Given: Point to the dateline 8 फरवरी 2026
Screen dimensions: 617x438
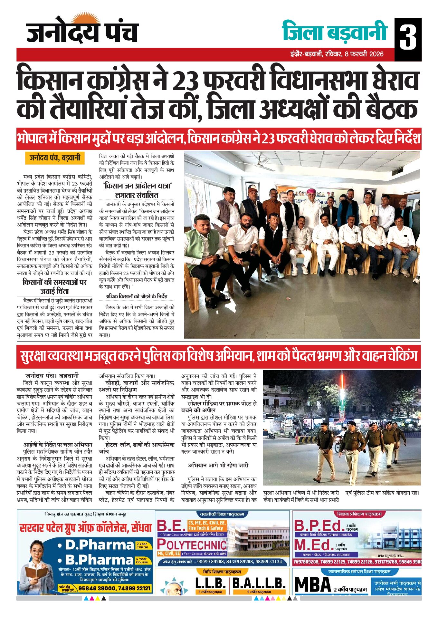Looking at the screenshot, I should [x=364, y=54].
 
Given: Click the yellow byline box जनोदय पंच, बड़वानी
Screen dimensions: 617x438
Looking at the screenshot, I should [x=55, y=158].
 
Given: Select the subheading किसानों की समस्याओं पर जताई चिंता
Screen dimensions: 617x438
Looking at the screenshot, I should [x=55, y=286].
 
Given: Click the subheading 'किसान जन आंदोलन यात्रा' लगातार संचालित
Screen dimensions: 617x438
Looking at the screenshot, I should [x=137, y=190].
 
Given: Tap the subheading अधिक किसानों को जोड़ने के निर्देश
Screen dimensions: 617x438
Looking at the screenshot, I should [x=137, y=296].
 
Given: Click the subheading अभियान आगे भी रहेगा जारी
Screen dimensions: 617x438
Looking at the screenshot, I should [x=218, y=465].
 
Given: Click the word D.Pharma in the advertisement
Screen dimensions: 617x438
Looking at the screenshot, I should [x=100, y=545].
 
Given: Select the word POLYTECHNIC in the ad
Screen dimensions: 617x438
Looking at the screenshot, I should [x=192, y=545].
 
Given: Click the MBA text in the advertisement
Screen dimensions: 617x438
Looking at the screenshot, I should [x=313, y=585].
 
